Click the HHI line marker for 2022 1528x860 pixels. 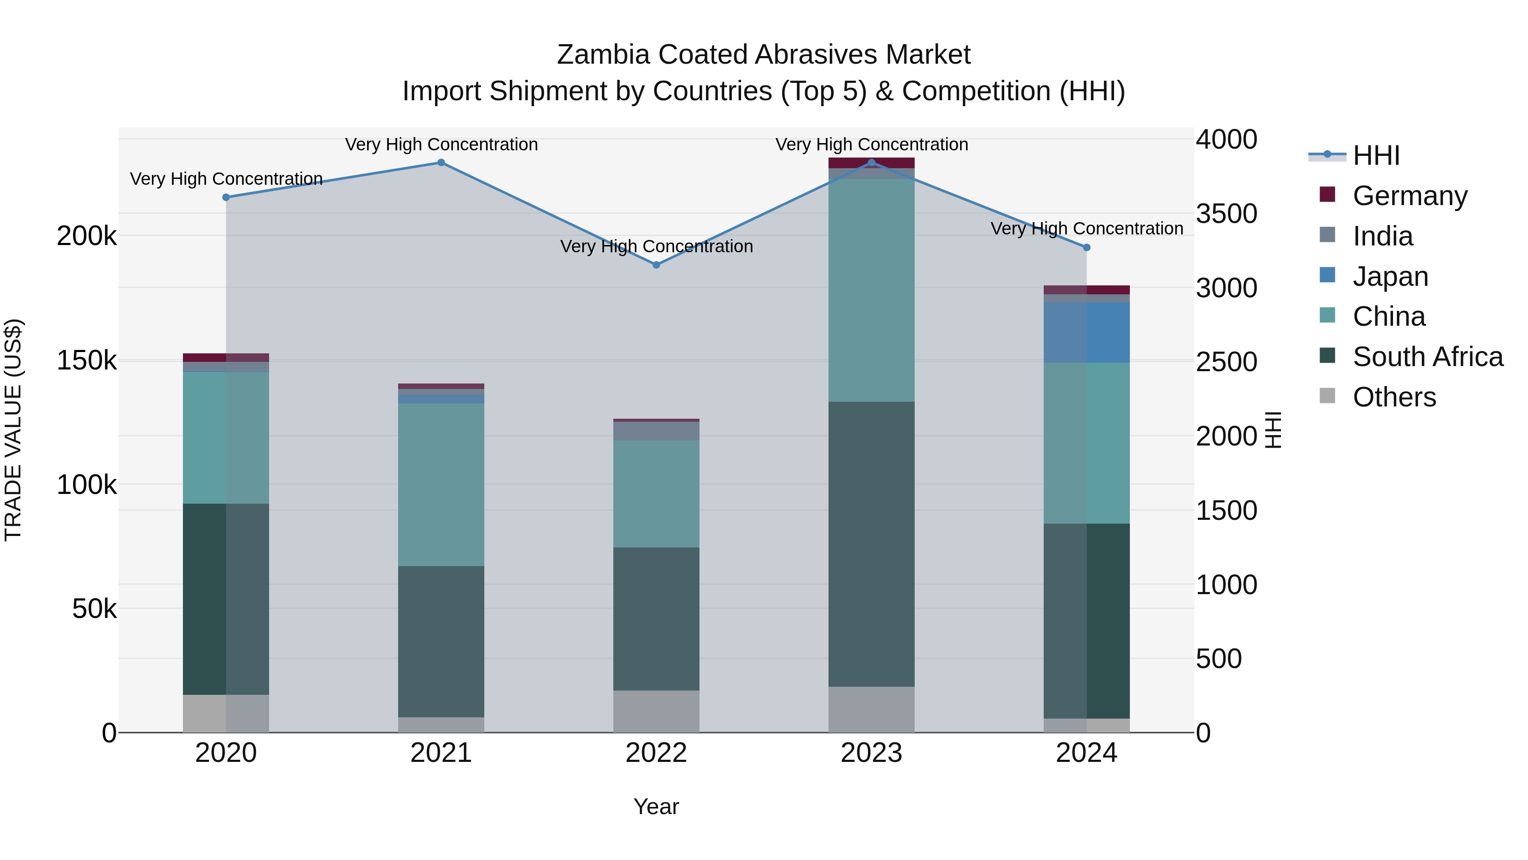pos(656,265)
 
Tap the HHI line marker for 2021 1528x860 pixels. pos(441,163)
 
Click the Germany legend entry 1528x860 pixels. pos(1409,196)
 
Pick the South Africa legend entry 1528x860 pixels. pos(1427,357)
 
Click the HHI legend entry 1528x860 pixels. pos(1376,155)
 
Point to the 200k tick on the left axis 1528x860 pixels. pos(87,236)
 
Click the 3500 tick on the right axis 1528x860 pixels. pos(1225,214)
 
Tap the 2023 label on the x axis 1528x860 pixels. pos(871,753)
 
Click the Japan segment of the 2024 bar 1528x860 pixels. pos(1086,333)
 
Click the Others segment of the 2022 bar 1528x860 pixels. pos(656,711)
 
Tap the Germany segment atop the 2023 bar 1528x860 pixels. pos(871,163)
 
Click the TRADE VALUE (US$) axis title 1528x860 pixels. pos(14,430)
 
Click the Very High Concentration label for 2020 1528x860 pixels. pos(226,179)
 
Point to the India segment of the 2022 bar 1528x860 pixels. pos(656,431)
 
